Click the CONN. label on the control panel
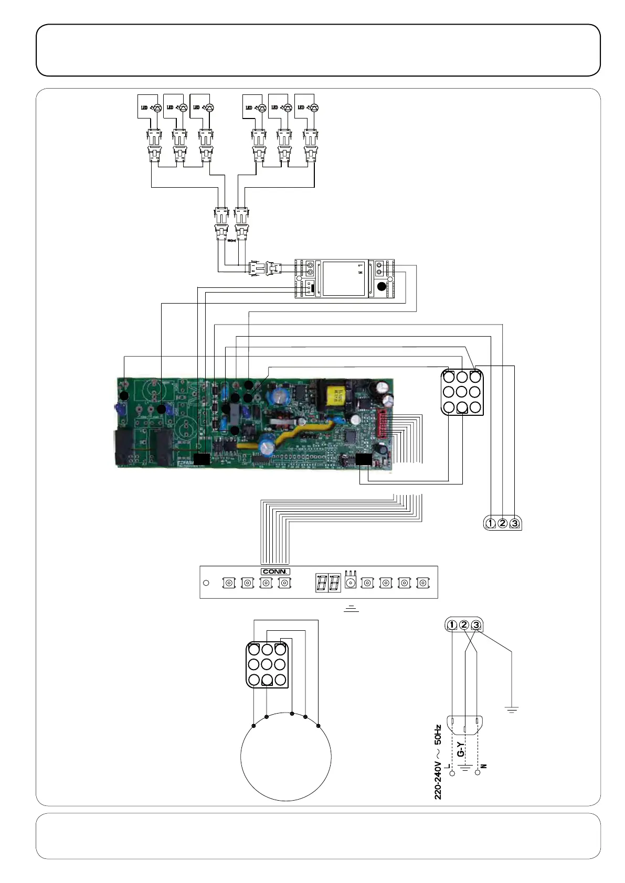[275, 572]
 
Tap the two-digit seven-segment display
[328, 583]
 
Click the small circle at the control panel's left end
[206, 583]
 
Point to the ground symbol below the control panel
[351, 608]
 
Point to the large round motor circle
[286, 758]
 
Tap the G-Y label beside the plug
[460, 749]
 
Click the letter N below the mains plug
[484, 766]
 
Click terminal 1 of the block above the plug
[452, 625]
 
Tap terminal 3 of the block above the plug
[476, 625]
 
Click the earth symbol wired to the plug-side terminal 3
[512, 709]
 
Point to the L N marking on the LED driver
[361, 270]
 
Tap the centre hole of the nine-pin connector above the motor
[267, 665]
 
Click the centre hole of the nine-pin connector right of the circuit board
[462, 392]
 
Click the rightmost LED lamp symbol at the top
[314, 108]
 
